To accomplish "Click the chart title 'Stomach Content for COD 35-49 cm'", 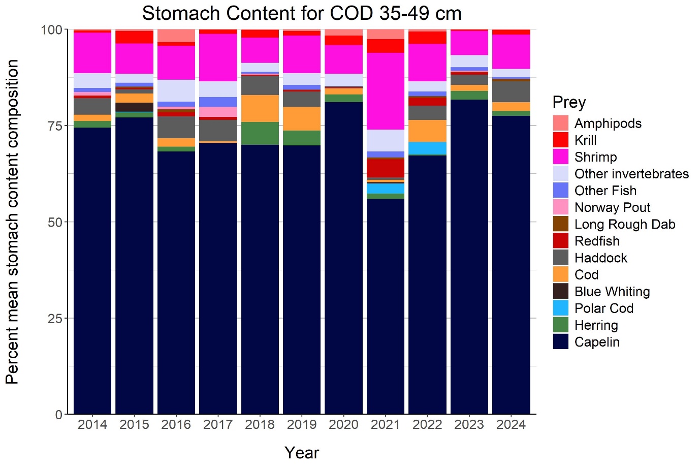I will coord(302,13).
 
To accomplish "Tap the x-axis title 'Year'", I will coord(302,452).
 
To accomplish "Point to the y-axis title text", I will coord(12,222).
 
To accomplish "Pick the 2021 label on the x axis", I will coord(385,425).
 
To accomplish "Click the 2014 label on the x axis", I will coord(92,425).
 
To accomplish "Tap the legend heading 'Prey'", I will coord(569,102).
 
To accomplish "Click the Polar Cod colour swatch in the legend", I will coord(560,308).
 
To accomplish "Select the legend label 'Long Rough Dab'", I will coord(624,225).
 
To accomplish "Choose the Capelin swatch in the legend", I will coord(560,342).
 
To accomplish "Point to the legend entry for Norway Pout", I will coord(612,208).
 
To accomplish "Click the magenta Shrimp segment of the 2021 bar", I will coord(385,91).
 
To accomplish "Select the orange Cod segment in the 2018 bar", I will coord(260,108).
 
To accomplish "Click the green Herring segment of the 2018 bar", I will coord(260,133).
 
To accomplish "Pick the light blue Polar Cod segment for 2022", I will coord(427,148).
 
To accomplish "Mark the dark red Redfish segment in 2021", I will coord(385,168).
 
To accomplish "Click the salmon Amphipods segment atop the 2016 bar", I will coord(176,36).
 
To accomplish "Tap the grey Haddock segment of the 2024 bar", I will coord(511,91).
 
